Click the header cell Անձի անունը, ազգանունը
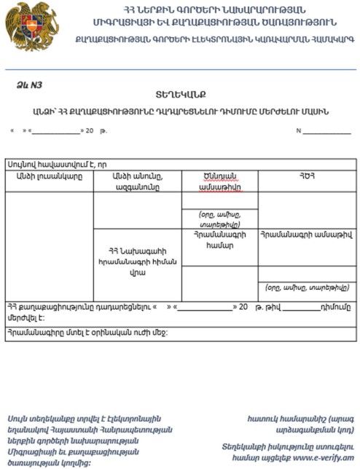coord(137,181)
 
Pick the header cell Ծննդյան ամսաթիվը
coord(219,181)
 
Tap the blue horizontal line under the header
coord(180,69)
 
